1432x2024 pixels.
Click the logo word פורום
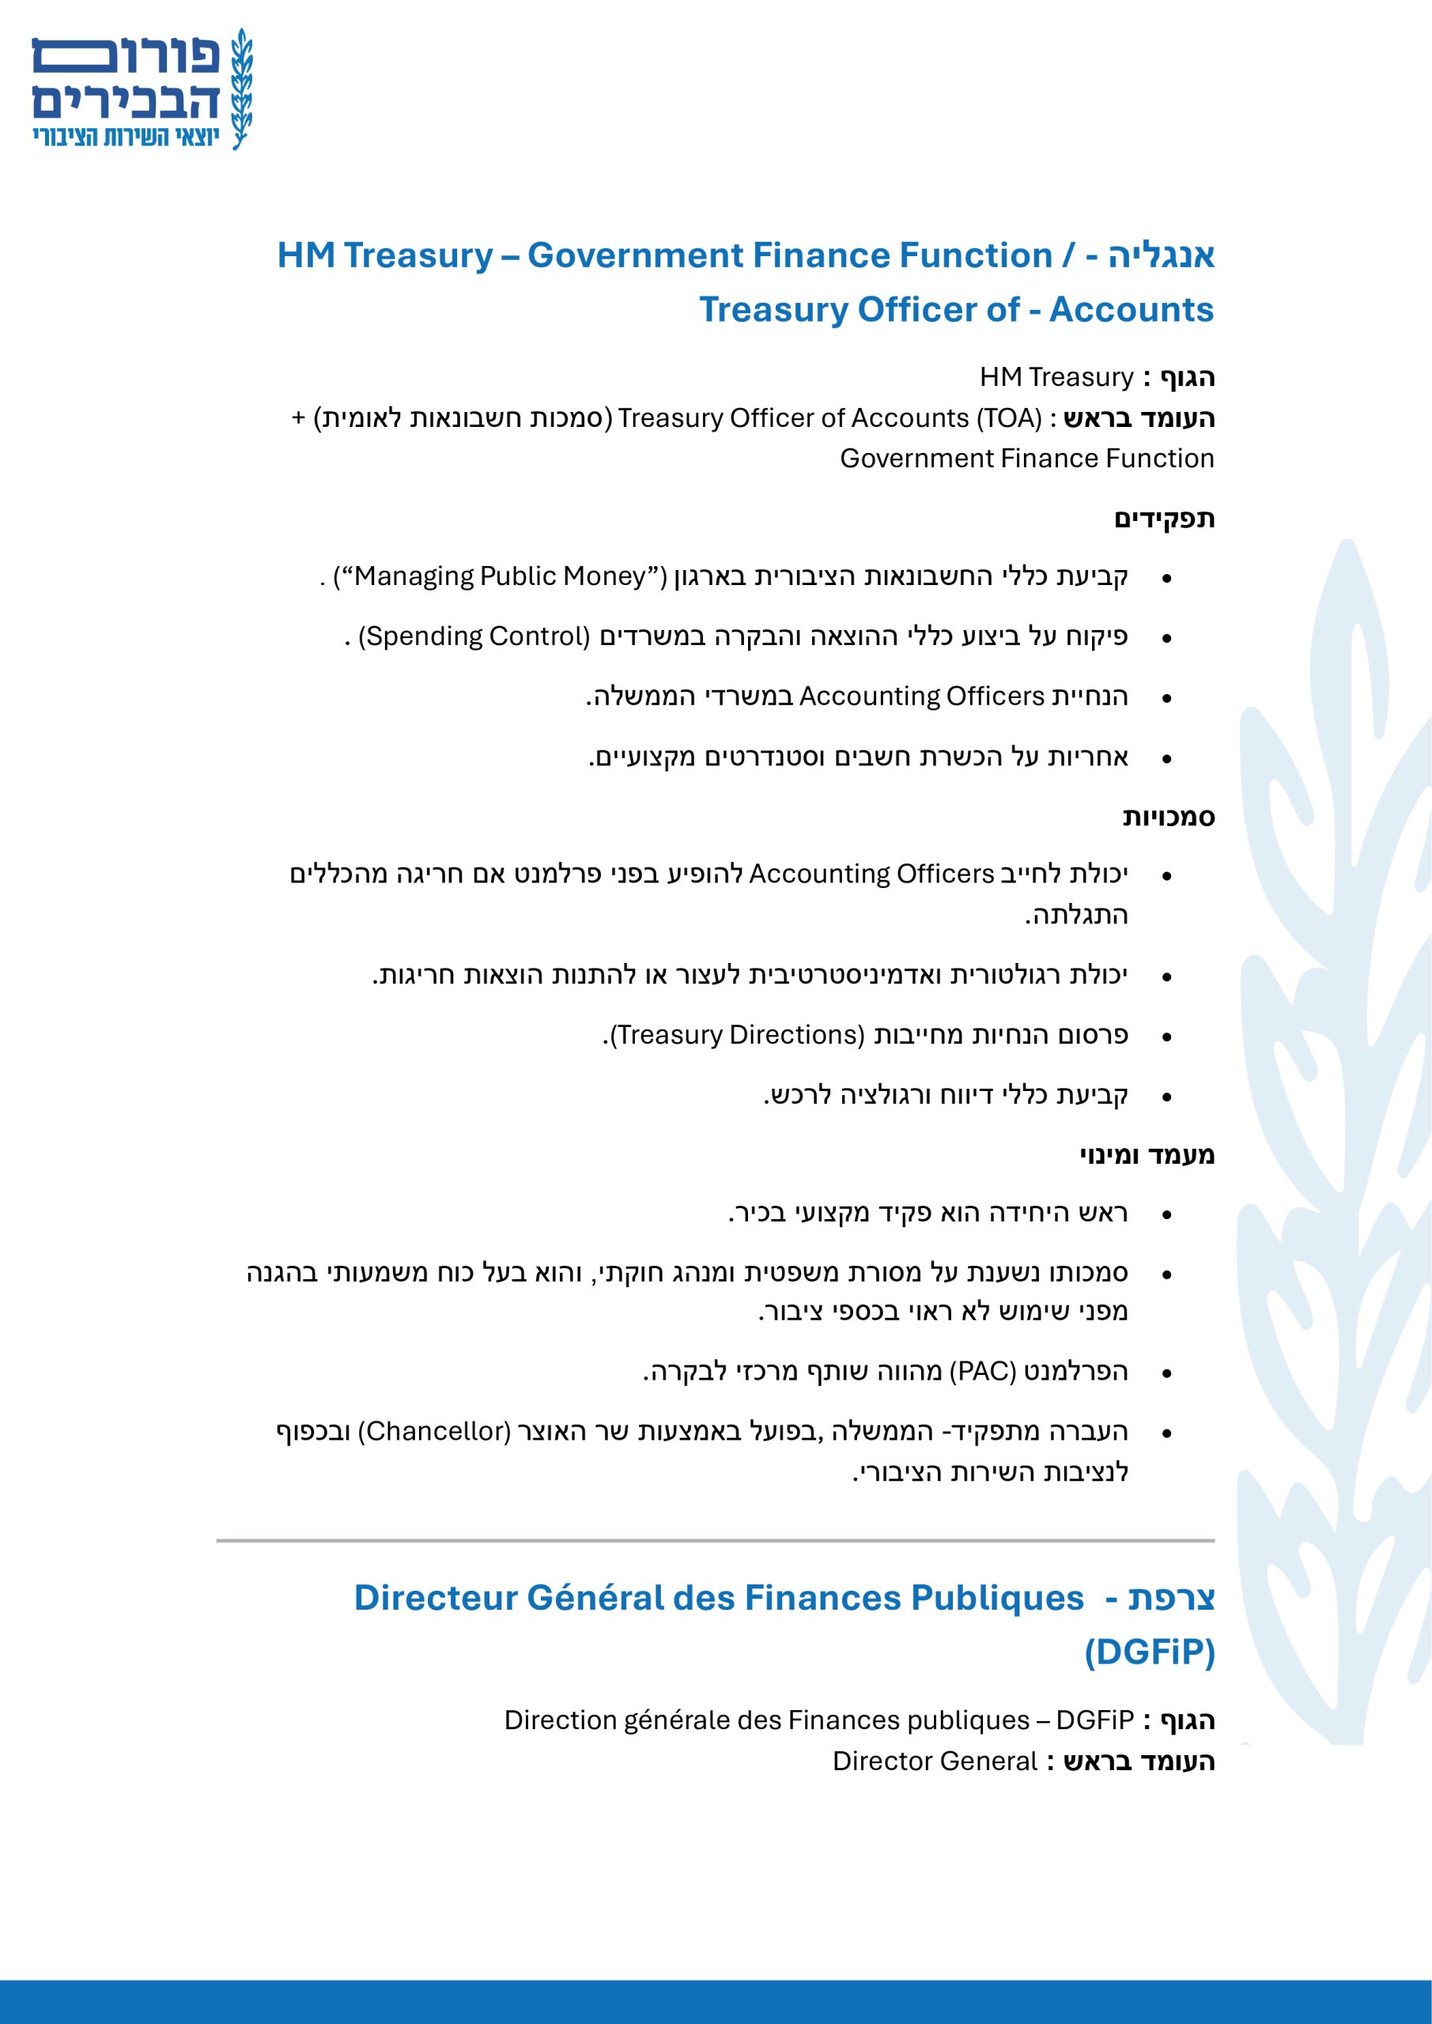tap(126, 56)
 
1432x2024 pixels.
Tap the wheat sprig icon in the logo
tap(240, 88)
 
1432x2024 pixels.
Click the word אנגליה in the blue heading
tap(1161, 255)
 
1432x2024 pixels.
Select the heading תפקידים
tap(1164, 519)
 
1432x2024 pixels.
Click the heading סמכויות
tap(1169, 818)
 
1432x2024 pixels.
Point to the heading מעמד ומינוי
tap(1147, 1155)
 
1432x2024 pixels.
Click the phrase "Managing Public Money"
tap(500, 576)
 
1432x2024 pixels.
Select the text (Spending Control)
tap(474, 636)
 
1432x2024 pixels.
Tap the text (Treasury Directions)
tap(737, 1035)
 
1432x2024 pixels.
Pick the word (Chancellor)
tap(434, 1432)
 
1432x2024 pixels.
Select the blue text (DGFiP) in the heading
tap(1149, 1651)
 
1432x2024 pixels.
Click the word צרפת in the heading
tap(1171, 1597)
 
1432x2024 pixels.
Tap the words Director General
tap(935, 1762)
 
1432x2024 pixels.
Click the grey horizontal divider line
tap(715, 1540)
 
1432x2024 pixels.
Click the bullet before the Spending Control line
tap(1166, 638)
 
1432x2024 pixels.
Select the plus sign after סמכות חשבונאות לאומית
tap(298, 418)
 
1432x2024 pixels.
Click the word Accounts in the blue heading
tap(1131, 309)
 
